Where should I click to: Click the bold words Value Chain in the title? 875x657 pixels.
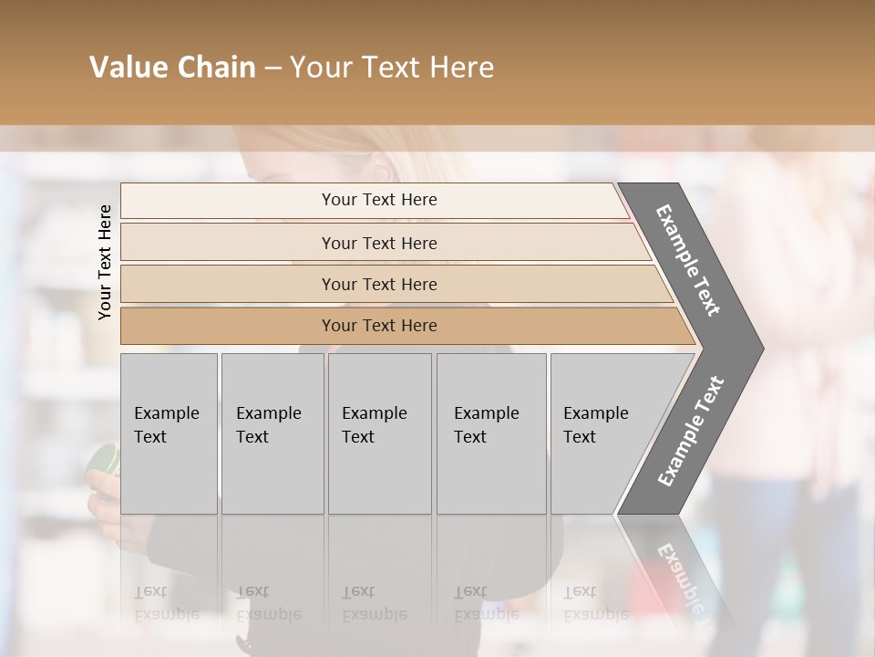pos(172,68)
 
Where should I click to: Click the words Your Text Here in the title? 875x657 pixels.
pos(392,68)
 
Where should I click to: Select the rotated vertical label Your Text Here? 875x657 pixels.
pos(105,262)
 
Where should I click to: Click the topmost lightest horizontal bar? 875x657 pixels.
pos(378,200)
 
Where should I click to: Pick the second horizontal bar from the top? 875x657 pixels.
pos(378,243)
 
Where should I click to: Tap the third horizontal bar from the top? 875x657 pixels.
pos(378,284)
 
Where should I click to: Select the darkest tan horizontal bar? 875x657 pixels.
pos(378,326)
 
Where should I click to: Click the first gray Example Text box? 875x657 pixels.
pos(169,433)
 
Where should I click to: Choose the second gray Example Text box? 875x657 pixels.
pos(272,433)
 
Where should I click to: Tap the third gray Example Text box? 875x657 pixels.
pos(378,433)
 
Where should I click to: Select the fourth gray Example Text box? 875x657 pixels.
pos(490,433)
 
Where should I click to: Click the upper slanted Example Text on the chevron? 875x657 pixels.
pos(688,260)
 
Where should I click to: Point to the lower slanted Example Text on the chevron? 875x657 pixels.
pos(690,432)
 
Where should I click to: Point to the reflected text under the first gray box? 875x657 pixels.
pos(167,602)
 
